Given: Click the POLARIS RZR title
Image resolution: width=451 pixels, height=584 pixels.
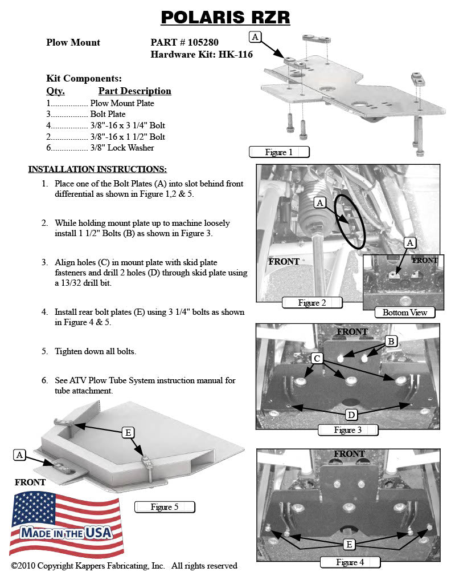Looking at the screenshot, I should [x=225, y=17].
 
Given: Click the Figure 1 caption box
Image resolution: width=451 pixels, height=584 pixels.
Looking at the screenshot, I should [x=279, y=152].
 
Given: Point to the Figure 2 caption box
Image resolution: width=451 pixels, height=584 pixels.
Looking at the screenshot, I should [x=312, y=303].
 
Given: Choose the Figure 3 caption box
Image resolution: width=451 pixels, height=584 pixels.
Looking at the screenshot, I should [x=347, y=430].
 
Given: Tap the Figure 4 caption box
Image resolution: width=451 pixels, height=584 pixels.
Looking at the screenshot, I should [x=350, y=562].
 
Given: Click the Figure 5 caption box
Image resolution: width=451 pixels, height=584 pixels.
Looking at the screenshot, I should [x=165, y=507].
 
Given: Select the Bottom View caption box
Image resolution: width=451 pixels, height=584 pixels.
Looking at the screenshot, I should [x=404, y=313].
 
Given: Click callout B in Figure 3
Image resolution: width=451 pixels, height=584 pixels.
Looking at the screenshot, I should [x=391, y=341].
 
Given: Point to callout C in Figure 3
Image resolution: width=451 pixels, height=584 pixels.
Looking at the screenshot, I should [x=318, y=358].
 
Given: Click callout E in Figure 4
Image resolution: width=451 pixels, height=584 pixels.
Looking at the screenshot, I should [x=348, y=545].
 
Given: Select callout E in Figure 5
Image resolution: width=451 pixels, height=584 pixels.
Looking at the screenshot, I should [x=129, y=433].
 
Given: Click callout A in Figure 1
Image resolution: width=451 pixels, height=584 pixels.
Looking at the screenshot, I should [x=255, y=36].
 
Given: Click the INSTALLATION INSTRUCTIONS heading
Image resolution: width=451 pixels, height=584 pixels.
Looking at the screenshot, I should [x=97, y=169].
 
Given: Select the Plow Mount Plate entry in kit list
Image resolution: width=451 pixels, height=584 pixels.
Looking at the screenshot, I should [x=122, y=103].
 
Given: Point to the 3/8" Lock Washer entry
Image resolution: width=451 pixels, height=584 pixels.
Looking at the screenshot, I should [x=122, y=148].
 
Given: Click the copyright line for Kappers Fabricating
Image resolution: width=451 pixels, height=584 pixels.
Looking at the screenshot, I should [x=124, y=566].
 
